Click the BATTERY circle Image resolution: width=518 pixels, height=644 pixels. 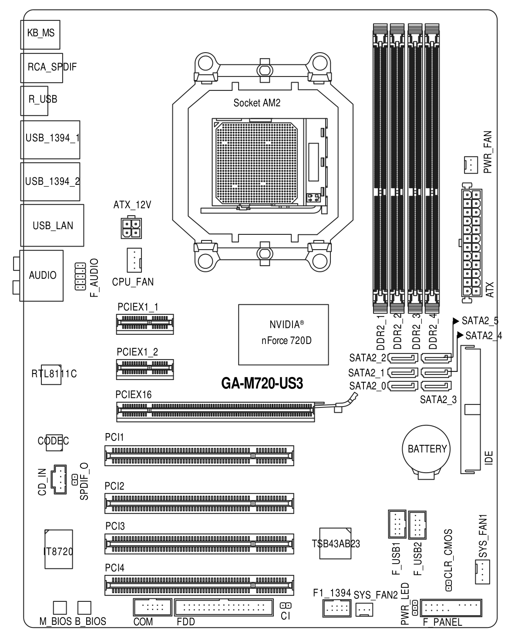coord(426,449)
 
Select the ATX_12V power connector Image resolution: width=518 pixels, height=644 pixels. coord(131,227)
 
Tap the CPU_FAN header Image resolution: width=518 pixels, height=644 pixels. coord(134,260)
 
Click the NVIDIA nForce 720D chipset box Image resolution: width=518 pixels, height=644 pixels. coord(283,334)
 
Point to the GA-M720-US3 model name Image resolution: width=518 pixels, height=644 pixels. coord(262,383)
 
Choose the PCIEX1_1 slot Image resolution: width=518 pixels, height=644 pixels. coord(145,324)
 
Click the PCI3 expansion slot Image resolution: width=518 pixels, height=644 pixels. coord(199,544)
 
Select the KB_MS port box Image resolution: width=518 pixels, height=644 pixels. coord(40,35)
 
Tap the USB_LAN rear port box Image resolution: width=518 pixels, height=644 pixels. coord(52,225)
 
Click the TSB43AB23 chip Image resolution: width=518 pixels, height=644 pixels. coord(335,543)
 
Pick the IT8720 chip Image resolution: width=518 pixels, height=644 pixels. coord(59,549)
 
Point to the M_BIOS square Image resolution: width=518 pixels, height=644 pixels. coord(60,608)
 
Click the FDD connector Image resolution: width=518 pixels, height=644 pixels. coord(224,607)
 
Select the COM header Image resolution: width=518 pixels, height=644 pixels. coord(152,607)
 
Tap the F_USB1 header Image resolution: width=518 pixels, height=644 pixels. coord(397,524)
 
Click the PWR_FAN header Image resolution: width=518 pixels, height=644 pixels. coord(471,165)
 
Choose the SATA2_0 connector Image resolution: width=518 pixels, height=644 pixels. coord(403,386)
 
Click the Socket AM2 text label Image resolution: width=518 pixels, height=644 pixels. coord(257,103)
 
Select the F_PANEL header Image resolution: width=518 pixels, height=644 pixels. coord(451,608)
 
